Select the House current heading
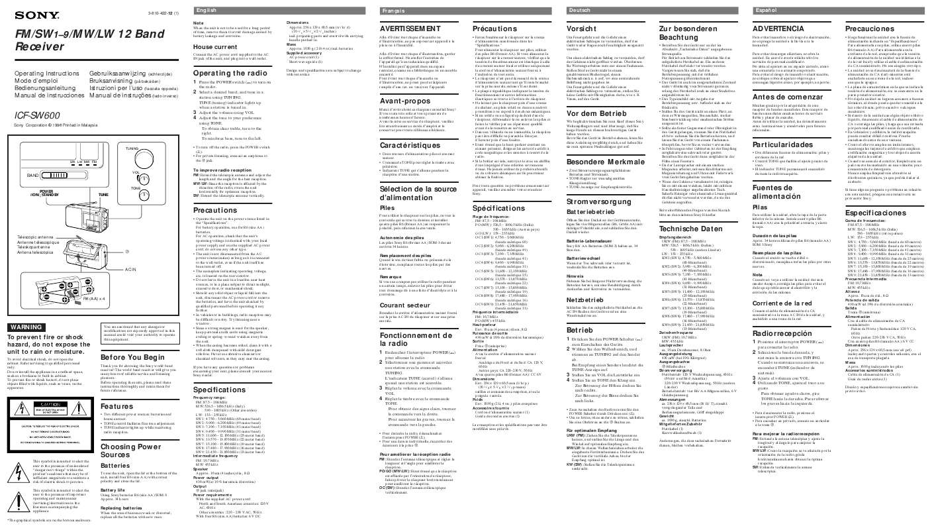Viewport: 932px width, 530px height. (216, 48)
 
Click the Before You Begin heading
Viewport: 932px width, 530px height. (130, 356)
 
